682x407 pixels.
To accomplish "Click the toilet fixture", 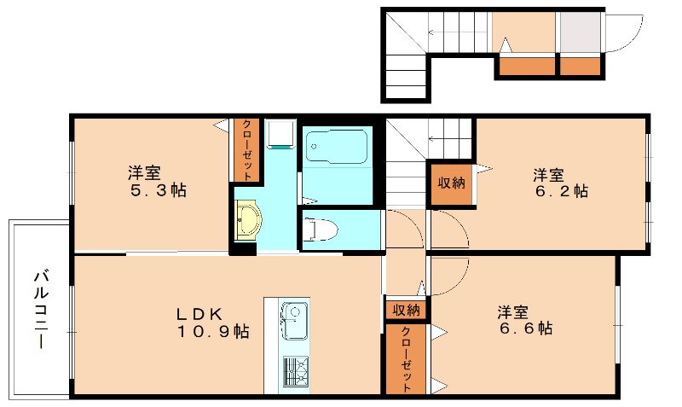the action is tap(321, 229).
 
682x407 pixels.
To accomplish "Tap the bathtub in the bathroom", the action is tap(337, 146).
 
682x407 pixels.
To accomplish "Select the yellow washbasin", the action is tap(248, 221).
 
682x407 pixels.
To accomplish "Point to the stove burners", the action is tap(295, 371).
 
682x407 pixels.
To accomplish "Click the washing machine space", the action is tap(280, 134).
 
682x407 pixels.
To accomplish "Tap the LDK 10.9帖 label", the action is tap(212, 323).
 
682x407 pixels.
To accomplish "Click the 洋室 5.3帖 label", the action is tap(158, 182).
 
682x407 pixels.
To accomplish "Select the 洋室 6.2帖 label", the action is tap(561, 183).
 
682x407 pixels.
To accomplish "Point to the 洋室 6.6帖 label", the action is tap(525, 320).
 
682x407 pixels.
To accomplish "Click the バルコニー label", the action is tap(41, 310).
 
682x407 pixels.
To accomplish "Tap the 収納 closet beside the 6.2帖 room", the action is tap(451, 183).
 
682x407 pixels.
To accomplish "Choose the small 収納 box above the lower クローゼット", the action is tap(407, 310).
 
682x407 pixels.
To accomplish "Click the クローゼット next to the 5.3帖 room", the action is tap(246, 149).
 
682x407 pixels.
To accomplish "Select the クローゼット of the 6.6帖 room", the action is tap(406, 359).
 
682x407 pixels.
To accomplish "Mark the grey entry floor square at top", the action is tap(580, 32).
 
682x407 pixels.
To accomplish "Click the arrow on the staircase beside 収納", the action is tap(449, 139).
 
